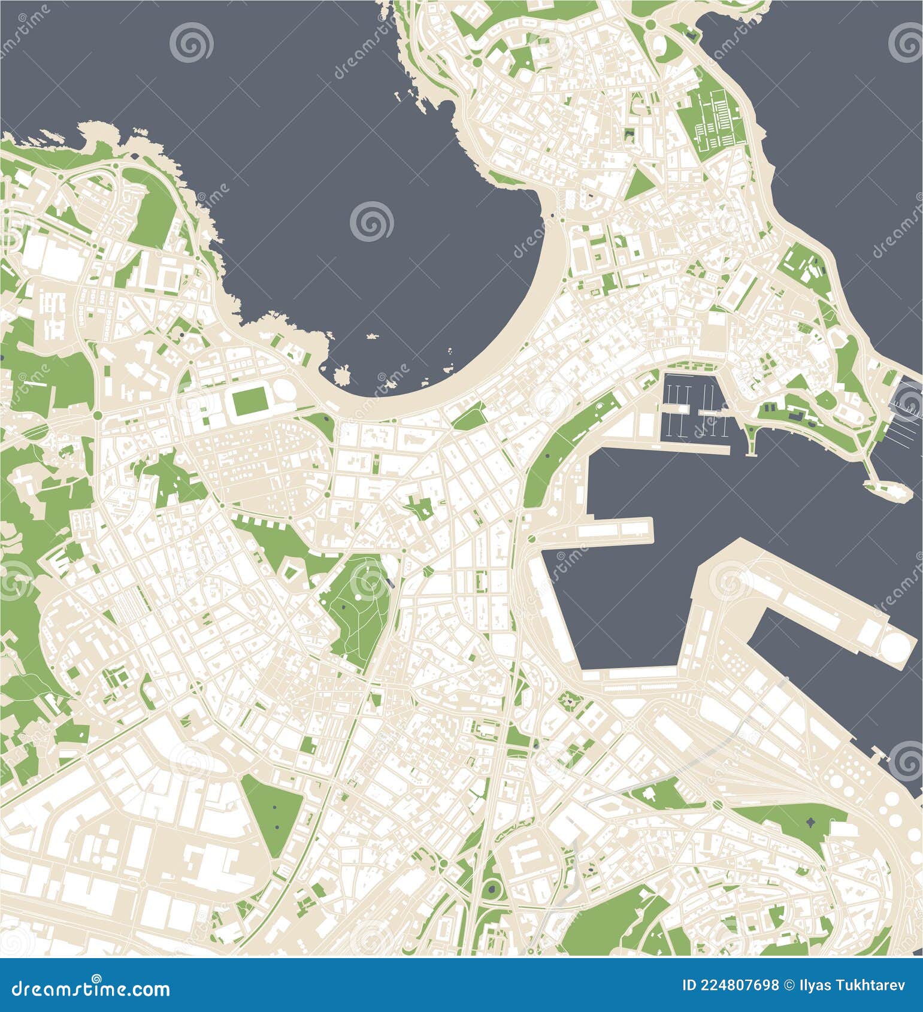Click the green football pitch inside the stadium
click(250, 401)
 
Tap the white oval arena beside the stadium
click(285, 393)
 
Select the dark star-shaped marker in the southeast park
click(812, 822)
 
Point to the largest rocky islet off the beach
click(343, 375)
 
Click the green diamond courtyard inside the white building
click(290, 571)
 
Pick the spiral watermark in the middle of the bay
click(371, 221)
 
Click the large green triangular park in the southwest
click(273, 811)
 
